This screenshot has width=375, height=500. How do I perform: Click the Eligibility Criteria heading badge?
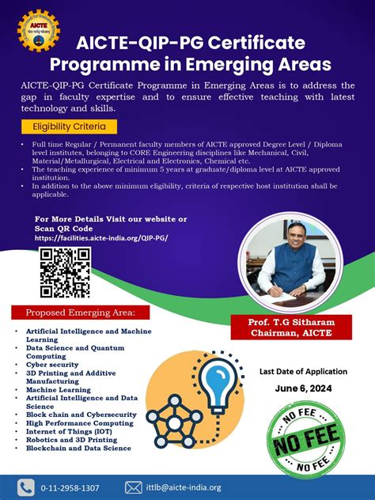(x=70, y=127)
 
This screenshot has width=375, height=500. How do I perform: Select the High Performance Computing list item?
(x=79, y=423)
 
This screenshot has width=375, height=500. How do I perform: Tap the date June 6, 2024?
(x=303, y=388)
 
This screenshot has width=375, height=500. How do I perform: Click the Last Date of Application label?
(x=303, y=371)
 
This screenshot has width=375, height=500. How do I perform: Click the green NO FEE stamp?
(x=303, y=440)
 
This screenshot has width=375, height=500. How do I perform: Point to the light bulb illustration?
(x=214, y=383)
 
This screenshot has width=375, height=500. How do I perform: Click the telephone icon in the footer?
(x=27, y=487)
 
